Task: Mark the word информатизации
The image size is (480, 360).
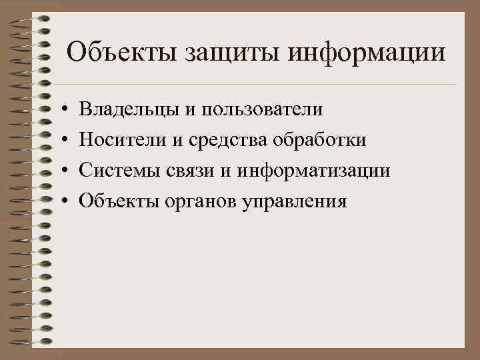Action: [x=313, y=170]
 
